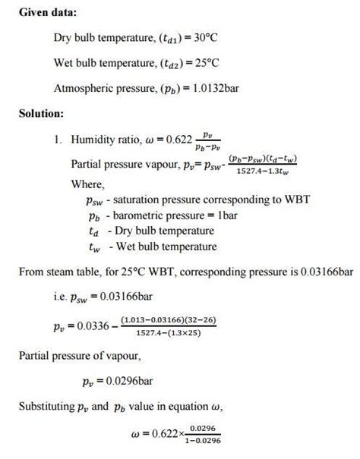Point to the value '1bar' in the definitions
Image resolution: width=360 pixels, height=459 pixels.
[220, 216]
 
